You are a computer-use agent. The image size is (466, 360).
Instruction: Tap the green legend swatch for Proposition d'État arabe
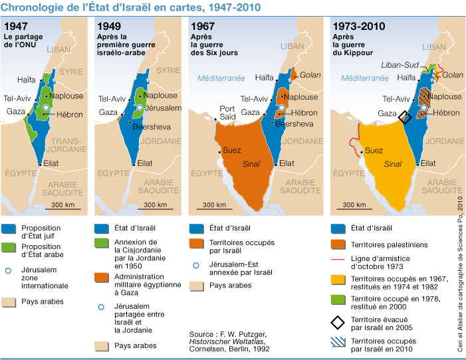pyautogui.click(x=11, y=248)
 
